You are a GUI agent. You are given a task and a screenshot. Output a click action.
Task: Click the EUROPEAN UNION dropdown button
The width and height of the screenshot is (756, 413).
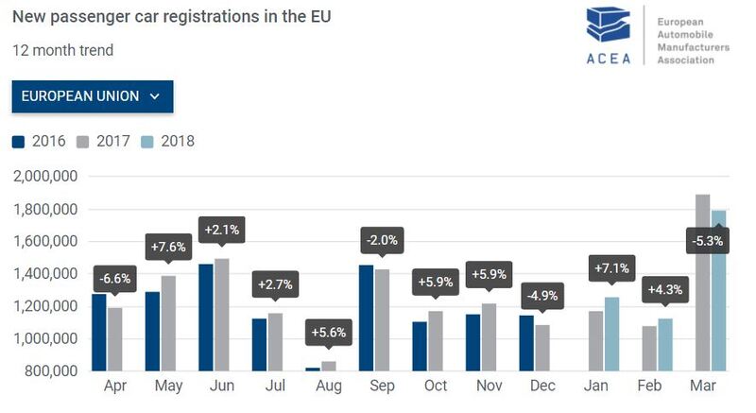(x=92, y=96)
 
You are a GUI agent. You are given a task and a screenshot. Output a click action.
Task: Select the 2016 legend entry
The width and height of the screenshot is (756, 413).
(x=39, y=142)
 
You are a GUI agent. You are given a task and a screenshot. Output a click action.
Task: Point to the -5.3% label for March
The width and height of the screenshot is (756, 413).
(x=707, y=241)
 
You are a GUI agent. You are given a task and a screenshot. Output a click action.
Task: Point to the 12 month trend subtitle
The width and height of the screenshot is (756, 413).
(x=62, y=50)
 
